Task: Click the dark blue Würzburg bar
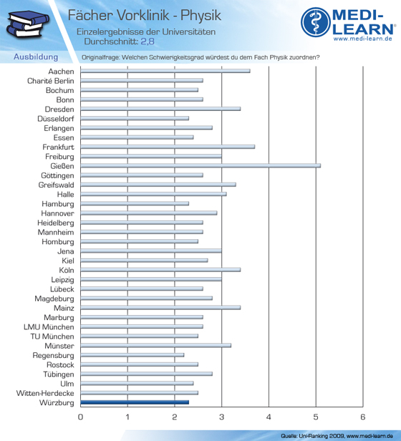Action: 135,402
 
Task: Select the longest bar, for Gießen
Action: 200,166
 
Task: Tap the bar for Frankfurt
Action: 168,147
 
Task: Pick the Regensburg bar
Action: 132,355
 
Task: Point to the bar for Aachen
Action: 165,71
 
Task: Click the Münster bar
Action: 155,346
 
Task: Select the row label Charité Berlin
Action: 51,81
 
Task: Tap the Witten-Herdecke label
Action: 45,393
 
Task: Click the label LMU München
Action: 49,327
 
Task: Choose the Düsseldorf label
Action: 56,119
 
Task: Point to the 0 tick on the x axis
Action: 80,417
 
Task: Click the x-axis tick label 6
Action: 363,417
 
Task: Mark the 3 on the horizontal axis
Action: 222,417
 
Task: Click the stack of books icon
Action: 28,24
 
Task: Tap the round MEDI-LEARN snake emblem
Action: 316,22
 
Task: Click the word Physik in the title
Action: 200,16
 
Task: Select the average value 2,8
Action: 148,42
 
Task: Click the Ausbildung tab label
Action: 36,57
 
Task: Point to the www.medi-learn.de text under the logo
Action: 363,39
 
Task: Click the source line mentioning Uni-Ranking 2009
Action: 337,436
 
